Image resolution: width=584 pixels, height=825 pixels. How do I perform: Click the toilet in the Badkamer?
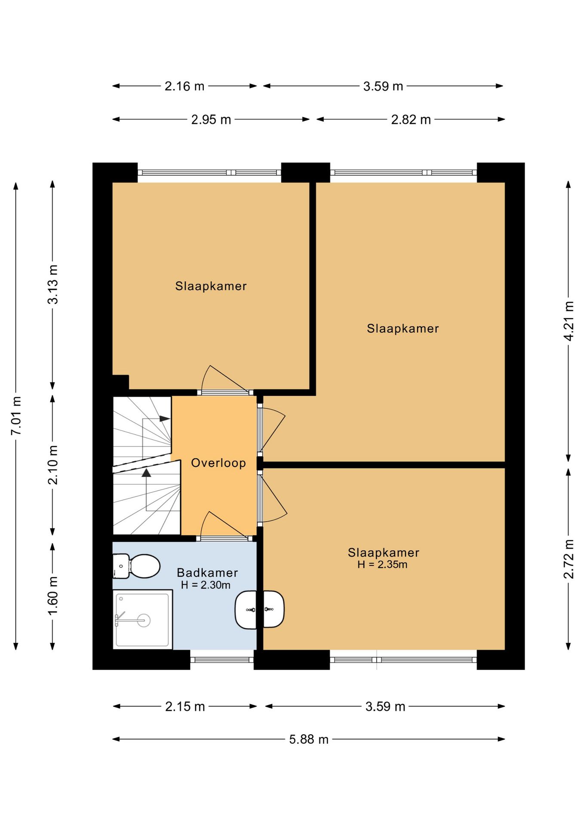pyautogui.click(x=136, y=566)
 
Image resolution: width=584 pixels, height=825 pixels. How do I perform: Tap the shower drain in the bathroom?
pyautogui.click(x=144, y=620)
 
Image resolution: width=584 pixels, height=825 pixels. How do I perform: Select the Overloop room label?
pyautogui.click(x=218, y=463)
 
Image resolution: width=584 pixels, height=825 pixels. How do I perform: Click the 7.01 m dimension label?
pyautogui.click(x=16, y=416)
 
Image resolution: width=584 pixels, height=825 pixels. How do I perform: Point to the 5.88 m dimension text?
pyautogui.click(x=309, y=739)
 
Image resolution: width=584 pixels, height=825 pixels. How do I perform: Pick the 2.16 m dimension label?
pyautogui.click(x=184, y=86)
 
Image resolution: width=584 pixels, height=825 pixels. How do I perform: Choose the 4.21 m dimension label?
pyautogui.click(x=569, y=321)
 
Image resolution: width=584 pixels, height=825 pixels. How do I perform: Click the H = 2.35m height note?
pyautogui.click(x=382, y=565)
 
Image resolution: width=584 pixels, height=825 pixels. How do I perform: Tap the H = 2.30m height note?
pyautogui.click(x=206, y=585)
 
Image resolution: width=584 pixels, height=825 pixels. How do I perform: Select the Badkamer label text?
pyautogui.click(x=207, y=572)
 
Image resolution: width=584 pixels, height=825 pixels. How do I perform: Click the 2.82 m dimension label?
pyautogui.click(x=411, y=119)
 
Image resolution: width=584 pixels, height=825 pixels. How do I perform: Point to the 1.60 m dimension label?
pyautogui.click(x=53, y=596)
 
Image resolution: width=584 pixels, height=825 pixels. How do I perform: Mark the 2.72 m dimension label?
pyautogui.click(x=569, y=559)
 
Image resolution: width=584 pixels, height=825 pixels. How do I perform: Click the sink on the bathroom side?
pyautogui.click(x=246, y=609)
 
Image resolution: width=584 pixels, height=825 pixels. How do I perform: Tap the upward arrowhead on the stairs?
pyautogui.click(x=147, y=473)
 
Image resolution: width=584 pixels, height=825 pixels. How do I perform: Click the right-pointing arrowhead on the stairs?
pyautogui.click(x=165, y=419)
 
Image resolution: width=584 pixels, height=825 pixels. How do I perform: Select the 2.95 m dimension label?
pyautogui.click(x=211, y=119)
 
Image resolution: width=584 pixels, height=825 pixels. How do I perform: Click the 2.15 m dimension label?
pyautogui.click(x=185, y=706)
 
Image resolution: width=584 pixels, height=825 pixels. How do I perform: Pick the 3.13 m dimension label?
pyautogui.click(x=53, y=284)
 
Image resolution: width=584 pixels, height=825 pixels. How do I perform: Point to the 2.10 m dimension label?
pyautogui.click(x=53, y=465)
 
